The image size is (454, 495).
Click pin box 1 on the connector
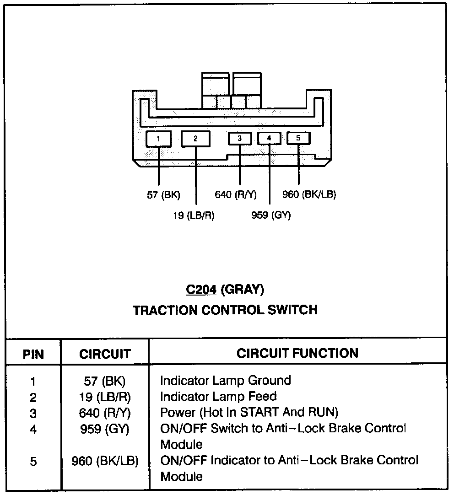tap(158, 139)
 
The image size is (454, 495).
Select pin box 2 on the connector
tap(195, 139)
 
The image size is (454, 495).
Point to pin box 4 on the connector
tap(269, 138)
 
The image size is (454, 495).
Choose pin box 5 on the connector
tap(298, 138)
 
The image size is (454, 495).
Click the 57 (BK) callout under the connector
tap(163, 195)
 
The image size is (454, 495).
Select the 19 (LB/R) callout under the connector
tap(194, 215)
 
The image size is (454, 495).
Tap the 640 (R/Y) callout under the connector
tap(236, 195)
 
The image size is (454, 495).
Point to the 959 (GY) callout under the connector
tap(271, 215)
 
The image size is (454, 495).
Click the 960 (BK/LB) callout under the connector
tap(309, 195)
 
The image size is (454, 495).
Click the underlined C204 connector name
tap(201, 289)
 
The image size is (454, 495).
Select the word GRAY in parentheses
tap(242, 289)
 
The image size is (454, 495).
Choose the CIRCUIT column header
tap(105, 354)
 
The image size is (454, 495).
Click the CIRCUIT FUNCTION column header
tap(297, 353)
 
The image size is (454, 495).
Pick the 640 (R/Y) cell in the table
tap(105, 413)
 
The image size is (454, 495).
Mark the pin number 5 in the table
tap(33, 462)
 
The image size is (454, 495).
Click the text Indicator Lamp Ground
tap(225, 380)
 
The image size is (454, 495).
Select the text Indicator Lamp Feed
tap(218, 396)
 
